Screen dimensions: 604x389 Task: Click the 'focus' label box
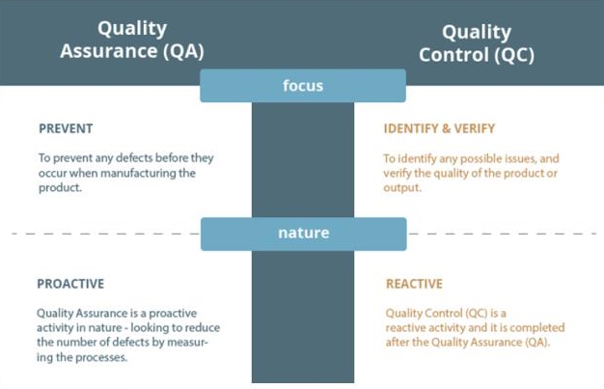pos(303,86)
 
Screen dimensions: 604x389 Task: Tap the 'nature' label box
pos(304,234)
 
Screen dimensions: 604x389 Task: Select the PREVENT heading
pos(66,128)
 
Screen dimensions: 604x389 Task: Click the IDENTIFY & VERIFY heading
pos(439,128)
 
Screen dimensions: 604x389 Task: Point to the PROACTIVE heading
pos(70,284)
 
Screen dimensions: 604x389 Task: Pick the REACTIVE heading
pos(414,284)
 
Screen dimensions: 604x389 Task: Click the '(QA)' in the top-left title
pos(183,51)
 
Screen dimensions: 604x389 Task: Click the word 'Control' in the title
pos(452,55)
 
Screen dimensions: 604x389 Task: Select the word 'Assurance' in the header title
pos(109,51)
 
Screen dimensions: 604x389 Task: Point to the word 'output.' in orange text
pos(402,188)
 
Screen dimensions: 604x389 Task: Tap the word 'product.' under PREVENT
pos(60,188)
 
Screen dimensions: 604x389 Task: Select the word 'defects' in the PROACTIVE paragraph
pos(132,343)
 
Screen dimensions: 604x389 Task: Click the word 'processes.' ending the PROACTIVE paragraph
pos(101,357)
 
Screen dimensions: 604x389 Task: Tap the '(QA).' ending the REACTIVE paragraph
pos(537,343)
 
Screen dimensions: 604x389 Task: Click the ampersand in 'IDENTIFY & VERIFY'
pos(446,128)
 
